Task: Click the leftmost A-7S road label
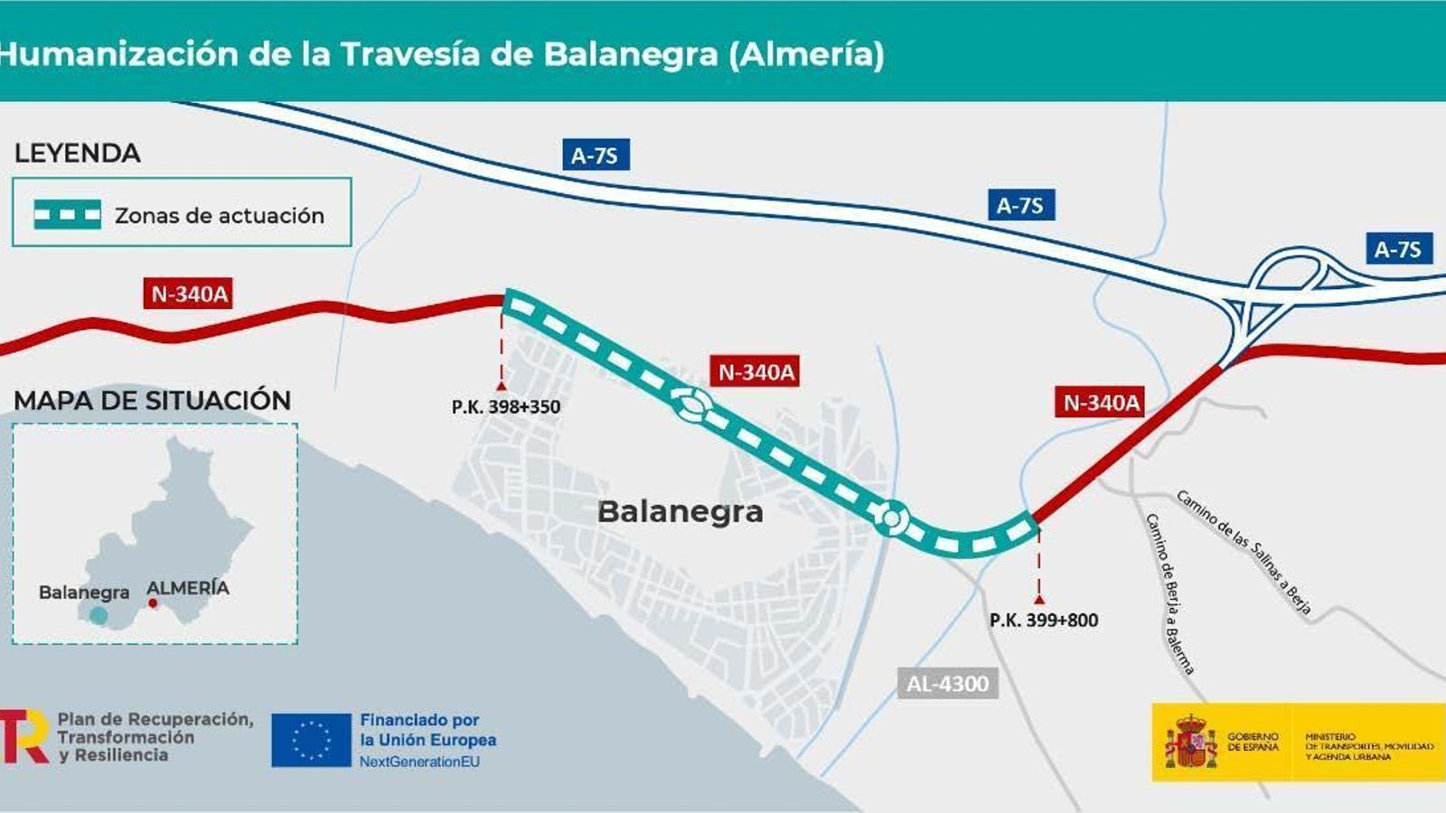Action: click(595, 155)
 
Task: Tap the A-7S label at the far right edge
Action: click(1397, 249)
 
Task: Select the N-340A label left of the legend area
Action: click(189, 294)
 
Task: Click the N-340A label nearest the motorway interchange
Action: click(1101, 402)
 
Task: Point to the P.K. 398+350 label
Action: click(506, 407)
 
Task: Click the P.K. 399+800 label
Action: click(1044, 621)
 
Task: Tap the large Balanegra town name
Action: click(681, 512)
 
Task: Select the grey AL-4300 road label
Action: click(947, 684)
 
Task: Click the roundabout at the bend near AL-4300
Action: click(891, 519)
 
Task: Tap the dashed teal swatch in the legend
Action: click(67, 215)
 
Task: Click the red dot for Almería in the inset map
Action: click(153, 603)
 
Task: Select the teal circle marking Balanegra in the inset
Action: click(99, 616)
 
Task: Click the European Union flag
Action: click(311, 740)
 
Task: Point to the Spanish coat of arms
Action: click(1189, 742)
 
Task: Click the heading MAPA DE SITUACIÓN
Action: click(152, 400)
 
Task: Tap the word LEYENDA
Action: click(78, 154)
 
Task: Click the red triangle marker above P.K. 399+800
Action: click(1039, 599)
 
